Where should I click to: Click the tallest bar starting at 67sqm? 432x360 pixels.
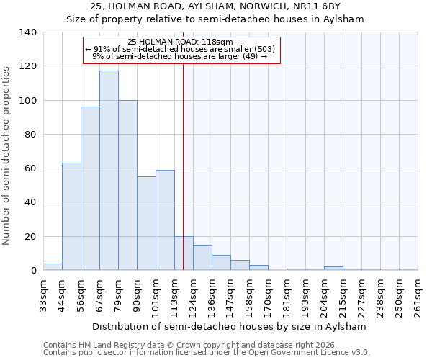click(109, 171)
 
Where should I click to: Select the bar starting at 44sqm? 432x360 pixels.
click(71, 217)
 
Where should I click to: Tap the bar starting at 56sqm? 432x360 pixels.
click(90, 189)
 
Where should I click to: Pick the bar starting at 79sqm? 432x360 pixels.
click(127, 185)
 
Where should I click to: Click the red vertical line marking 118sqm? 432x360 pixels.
click(184, 166)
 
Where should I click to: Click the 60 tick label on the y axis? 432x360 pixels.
click(31, 168)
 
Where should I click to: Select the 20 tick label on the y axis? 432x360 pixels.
click(31, 237)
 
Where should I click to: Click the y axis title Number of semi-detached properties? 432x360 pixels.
click(7, 155)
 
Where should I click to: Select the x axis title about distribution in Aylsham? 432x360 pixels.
click(230, 326)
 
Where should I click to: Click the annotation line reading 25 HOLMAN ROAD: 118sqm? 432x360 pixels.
click(180, 42)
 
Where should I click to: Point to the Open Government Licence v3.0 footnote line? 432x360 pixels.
click(207, 353)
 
